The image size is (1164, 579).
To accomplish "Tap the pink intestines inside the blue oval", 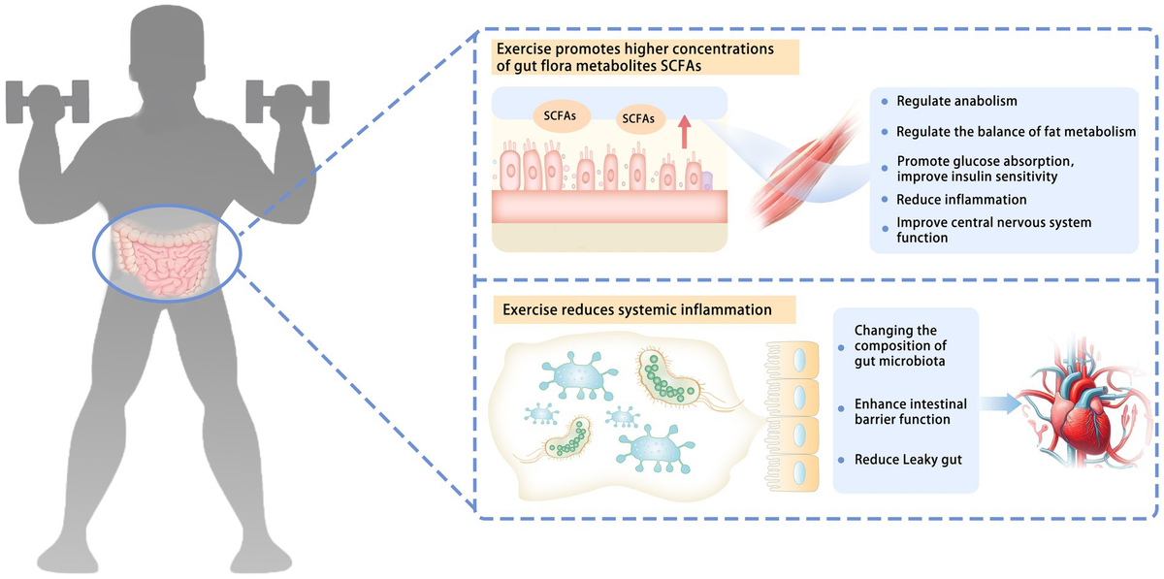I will (166, 259).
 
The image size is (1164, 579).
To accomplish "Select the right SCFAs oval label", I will (639, 119).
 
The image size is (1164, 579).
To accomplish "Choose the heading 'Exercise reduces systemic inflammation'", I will (638, 310).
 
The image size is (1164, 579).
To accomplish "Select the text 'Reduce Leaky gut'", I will (908, 459).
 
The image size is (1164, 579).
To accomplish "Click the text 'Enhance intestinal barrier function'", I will (902, 410).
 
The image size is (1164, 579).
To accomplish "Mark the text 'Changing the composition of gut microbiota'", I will (899, 346).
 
